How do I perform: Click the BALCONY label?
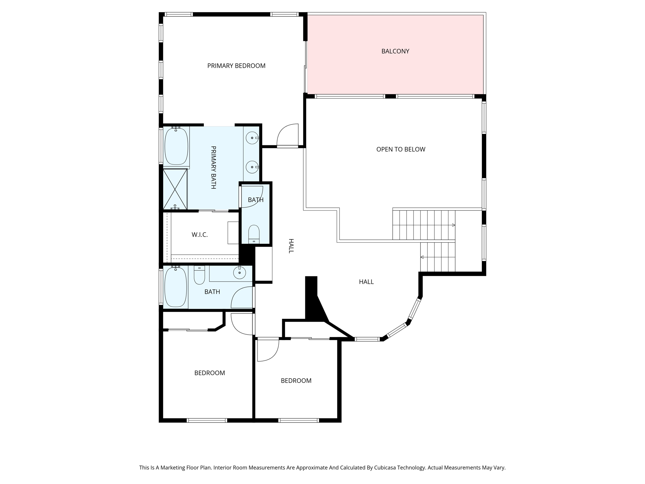tap(395, 51)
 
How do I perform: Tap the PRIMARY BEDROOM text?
tap(236, 66)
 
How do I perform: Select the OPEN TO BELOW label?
tap(401, 149)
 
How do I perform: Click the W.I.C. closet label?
tap(200, 235)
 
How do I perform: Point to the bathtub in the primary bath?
tap(176, 146)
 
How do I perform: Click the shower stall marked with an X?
tap(175, 189)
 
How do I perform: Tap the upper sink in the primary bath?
tap(252, 138)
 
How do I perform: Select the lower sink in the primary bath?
tap(252, 167)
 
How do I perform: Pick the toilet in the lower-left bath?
tap(199, 275)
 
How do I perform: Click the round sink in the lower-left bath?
tap(240, 273)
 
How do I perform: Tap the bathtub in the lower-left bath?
tap(175, 287)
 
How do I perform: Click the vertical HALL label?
tap(291, 246)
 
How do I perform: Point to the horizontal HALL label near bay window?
tap(366, 282)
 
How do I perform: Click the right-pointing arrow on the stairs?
tap(454, 225)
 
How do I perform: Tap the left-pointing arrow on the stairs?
tap(422, 257)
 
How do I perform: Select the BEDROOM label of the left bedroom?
tap(209, 373)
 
